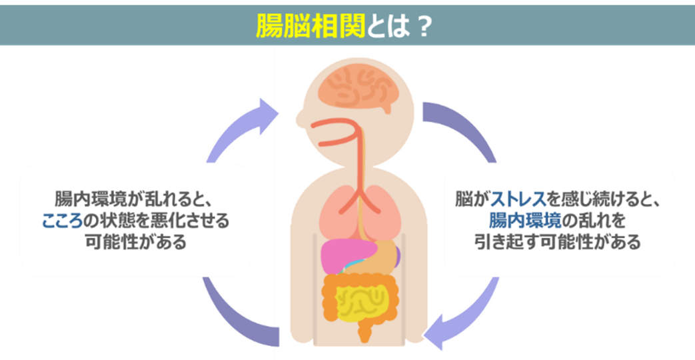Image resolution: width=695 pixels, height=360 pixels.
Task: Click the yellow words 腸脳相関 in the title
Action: click(311, 25)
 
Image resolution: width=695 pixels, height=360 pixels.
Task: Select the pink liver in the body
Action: click(347, 254)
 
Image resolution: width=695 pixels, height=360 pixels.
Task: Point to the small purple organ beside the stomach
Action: click(397, 253)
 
